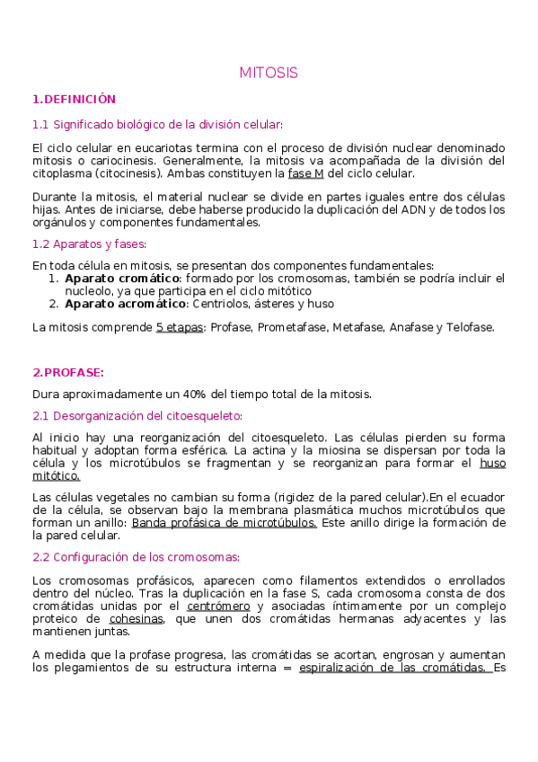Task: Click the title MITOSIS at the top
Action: pos(269,72)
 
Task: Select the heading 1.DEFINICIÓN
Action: pos(74,99)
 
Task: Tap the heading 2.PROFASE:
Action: pos(68,371)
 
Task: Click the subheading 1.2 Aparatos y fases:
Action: pos(89,244)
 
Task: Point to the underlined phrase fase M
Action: pos(306,173)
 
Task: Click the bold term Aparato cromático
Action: pos(123,279)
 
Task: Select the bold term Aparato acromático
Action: pos(126,304)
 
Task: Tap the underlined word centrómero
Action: pos(218,606)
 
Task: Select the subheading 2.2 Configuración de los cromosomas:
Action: pos(136,556)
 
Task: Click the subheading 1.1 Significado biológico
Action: pos(157,124)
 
